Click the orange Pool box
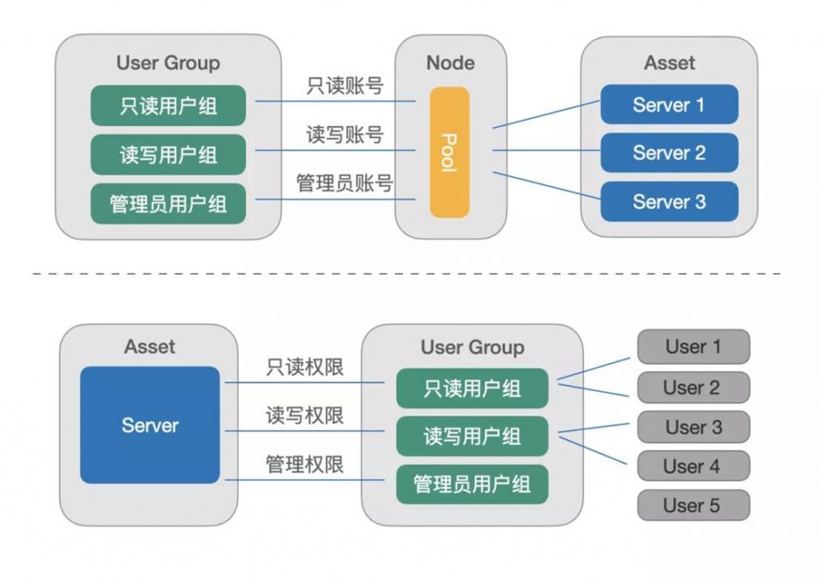click(x=450, y=152)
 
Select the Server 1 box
click(x=669, y=105)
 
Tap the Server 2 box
click(x=669, y=153)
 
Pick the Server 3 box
click(x=669, y=201)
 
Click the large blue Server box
click(x=150, y=425)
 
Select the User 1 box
click(x=693, y=346)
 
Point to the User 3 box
click(x=693, y=427)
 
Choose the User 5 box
click(x=693, y=505)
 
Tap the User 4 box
click(x=693, y=465)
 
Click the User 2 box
click(x=693, y=387)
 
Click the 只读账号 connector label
click(x=345, y=86)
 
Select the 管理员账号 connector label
click(x=345, y=183)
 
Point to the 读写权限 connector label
click(x=305, y=415)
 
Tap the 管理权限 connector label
click(x=305, y=464)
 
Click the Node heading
click(x=451, y=62)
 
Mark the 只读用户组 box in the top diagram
click(x=168, y=106)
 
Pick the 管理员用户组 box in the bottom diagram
click(x=472, y=485)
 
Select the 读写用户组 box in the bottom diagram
click(x=472, y=436)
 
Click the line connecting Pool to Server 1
click(x=546, y=114)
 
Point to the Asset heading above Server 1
click(x=669, y=62)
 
